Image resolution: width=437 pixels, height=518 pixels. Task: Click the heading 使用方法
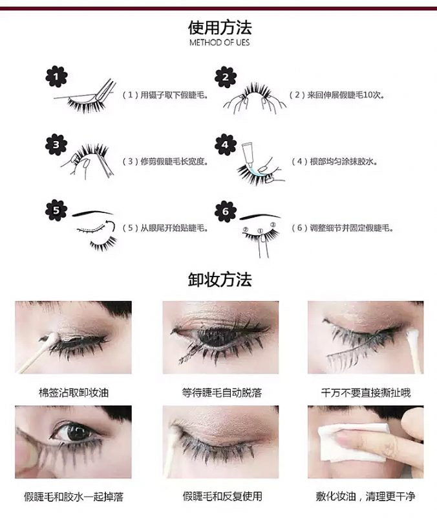[220, 27]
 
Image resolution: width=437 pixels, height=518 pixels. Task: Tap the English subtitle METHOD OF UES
[220, 42]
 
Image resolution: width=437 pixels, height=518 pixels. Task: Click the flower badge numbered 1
[56, 76]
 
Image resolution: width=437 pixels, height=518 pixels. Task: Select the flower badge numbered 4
[225, 144]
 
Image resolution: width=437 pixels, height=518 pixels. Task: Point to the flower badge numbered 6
[225, 212]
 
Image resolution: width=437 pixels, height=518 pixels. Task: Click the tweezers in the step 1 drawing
[105, 89]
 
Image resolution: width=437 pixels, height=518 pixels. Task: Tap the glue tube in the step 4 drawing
[247, 152]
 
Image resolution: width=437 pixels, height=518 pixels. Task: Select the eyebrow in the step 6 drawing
[260, 216]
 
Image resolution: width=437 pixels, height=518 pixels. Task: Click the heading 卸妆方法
[220, 280]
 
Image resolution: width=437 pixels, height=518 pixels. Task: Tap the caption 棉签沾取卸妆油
[74, 392]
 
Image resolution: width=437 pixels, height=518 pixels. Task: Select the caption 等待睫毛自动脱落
[222, 392]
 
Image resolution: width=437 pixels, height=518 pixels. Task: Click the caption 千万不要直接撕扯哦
[366, 392]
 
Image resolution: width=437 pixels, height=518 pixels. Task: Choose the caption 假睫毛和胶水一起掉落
[74, 497]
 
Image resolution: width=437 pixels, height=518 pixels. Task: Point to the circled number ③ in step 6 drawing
[273, 225]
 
